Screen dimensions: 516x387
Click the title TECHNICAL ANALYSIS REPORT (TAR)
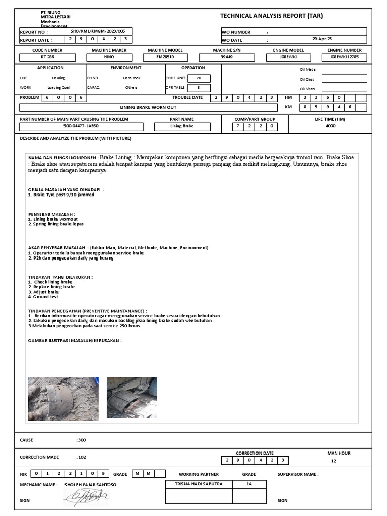pos(272,16)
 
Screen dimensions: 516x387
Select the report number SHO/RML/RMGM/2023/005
pos(97,31)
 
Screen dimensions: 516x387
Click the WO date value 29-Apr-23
pos(322,39)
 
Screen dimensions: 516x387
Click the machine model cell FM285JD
pos(164,57)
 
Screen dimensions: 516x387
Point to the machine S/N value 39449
pos(227,57)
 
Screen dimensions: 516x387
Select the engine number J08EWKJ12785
pos(345,57)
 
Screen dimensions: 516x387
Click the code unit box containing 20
pos(199,78)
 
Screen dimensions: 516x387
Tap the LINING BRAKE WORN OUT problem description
pos(148,107)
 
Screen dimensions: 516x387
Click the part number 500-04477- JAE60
pos(81,126)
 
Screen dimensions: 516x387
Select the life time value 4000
pos(331,126)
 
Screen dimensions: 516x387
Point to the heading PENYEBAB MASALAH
pos(52,215)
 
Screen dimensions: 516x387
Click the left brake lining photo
pos(63,399)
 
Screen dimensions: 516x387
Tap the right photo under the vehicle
pos(131,398)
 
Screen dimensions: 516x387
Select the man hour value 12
pos(333,461)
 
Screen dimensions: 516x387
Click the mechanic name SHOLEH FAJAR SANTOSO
pos(90,485)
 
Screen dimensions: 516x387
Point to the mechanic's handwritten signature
pos(86,498)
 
